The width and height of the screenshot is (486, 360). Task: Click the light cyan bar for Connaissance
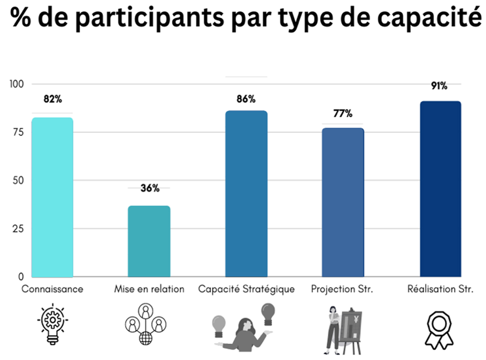(x=52, y=197)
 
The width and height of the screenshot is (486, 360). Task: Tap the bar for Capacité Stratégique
(x=246, y=194)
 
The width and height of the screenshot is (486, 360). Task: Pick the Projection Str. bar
(x=343, y=202)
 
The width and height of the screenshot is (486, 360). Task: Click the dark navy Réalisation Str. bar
(x=440, y=189)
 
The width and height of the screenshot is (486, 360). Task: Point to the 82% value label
(x=53, y=99)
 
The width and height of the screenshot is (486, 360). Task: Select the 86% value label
(x=246, y=99)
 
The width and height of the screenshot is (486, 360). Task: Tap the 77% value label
(x=343, y=114)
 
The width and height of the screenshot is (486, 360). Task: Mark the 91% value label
(x=439, y=86)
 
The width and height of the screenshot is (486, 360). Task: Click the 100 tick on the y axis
(x=17, y=84)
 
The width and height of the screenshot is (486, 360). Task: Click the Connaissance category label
(x=52, y=289)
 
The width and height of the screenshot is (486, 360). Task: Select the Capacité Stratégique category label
(x=246, y=289)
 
